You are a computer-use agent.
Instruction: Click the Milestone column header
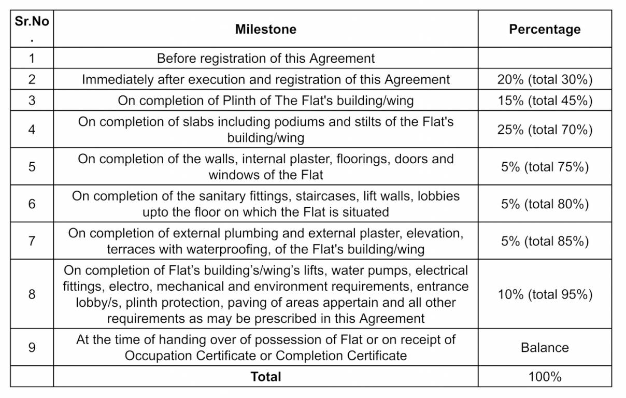(266, 30)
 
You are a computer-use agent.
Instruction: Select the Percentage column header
(545, 30)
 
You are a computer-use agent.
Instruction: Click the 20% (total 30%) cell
(545, 79)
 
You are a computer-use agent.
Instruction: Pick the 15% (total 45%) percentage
(545, 100)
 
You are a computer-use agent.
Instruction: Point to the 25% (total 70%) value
(545, 130)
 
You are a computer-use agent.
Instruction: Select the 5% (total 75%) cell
(545, 167)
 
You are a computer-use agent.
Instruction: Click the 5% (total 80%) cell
(545, 204)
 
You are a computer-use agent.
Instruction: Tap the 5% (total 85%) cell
(545, 241)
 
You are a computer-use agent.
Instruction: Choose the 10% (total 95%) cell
(545, 294)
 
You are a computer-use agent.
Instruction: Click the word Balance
(545, 347)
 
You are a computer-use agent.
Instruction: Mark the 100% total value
(545, 377)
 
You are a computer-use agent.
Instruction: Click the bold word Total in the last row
(266, 377)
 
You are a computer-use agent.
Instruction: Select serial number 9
(32, 347)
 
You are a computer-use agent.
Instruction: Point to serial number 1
(32, 58)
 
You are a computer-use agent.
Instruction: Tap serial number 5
(32, 167)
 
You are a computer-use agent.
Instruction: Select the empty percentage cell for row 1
(545, 58)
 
